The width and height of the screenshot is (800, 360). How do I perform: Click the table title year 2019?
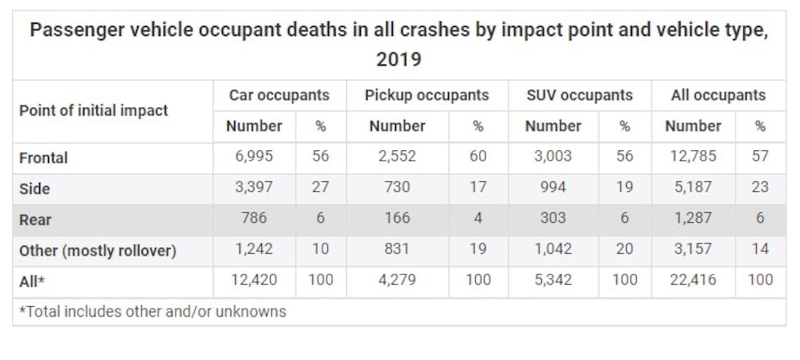[398, 60]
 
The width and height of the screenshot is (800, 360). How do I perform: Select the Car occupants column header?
[279, 95]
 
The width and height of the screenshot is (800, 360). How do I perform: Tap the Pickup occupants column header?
[427, 95]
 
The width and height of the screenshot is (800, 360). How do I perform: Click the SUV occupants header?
[580, 95]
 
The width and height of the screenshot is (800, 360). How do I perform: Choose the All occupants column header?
[718, 95]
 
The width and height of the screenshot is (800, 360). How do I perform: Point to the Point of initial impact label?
[94, 110]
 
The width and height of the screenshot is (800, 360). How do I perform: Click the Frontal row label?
[43, 158]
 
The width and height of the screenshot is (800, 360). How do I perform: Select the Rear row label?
[36, 220]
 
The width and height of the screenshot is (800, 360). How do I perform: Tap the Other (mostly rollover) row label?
[98, 251]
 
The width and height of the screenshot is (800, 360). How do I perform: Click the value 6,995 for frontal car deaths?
[254, 157]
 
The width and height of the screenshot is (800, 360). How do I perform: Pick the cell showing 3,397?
[254, 188]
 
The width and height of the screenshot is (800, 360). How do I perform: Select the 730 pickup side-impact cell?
[397, 188]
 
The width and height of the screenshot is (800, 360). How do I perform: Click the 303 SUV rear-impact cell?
[553, 219]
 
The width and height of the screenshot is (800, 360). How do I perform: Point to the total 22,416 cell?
[692, 280]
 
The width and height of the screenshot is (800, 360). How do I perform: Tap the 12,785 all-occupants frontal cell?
[692, 157]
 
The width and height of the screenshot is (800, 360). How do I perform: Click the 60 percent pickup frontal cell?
[478, 157]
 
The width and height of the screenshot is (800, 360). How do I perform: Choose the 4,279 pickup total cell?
[397, 280]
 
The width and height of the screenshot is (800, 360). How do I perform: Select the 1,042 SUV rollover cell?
[553, 250]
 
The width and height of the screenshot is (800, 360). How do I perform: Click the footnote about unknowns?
[153, 311]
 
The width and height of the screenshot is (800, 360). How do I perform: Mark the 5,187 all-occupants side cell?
[692, 188]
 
